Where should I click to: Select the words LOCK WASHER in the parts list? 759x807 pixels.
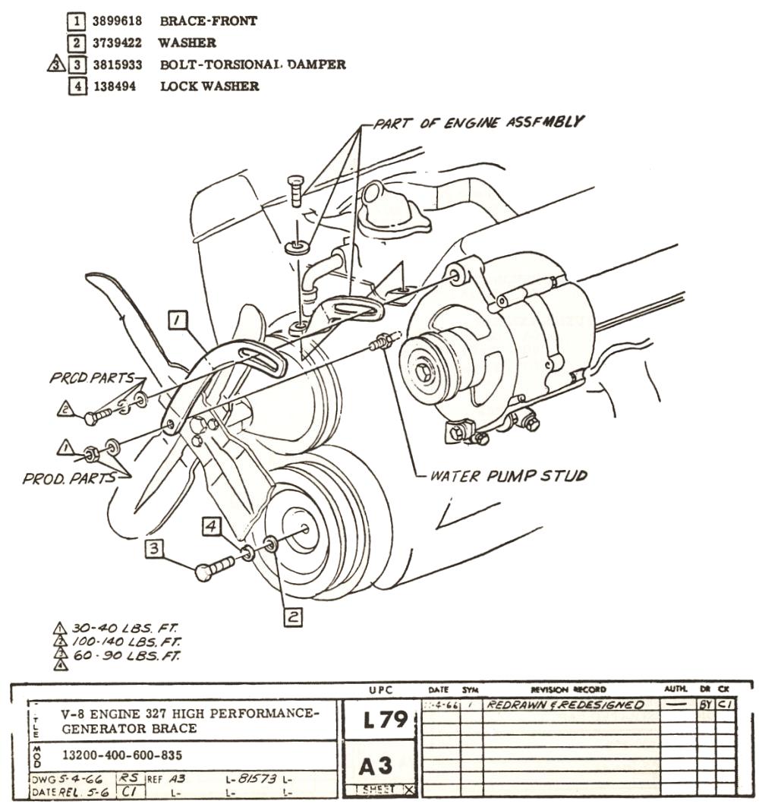pyautogui.click(x=209, y=87)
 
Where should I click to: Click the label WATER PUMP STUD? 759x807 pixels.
pyautogui.click(x=508, y=477)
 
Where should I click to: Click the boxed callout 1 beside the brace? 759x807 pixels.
pyautogui.click(x=178, y=322)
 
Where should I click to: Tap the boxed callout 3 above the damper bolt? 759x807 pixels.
pyautogui.click(x=155, y=547)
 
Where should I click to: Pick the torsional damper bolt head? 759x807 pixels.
pyautogui.click(x=203, y=572)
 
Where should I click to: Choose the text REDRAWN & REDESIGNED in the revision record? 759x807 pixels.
pyautogui.click(x=565, y=705)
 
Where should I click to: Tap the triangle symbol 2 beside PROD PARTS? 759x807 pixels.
pyautogui.click(x=66, y=409)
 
